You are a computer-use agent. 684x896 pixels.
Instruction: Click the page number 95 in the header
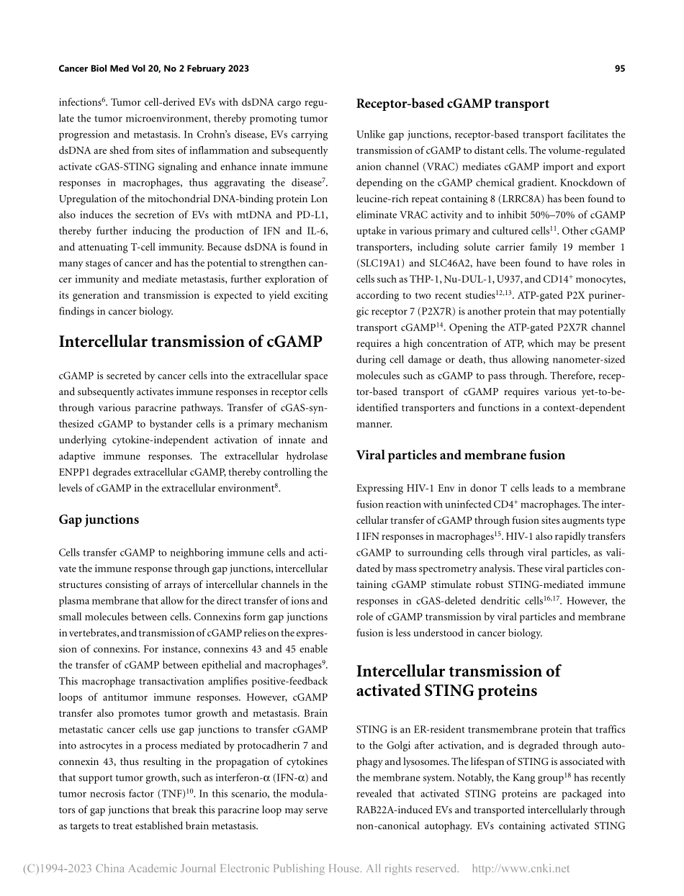pos(620,68)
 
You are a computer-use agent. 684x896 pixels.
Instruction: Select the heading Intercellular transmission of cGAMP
pos(190,341)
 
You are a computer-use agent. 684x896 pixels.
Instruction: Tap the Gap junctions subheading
pos(99,520)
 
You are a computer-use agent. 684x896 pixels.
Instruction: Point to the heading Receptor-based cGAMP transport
pos(453,104)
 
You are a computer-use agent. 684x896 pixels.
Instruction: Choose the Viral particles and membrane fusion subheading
pos(461,455)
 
